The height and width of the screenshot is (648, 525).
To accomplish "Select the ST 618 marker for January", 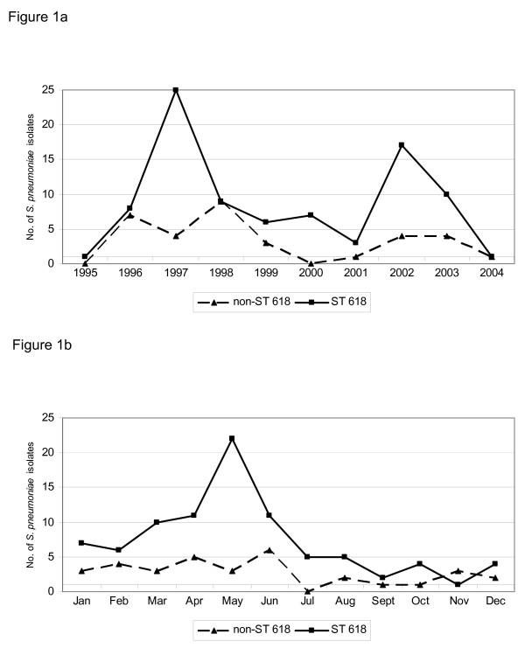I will click(81, 543).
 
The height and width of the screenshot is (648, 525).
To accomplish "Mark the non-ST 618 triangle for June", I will click(269, 549).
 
